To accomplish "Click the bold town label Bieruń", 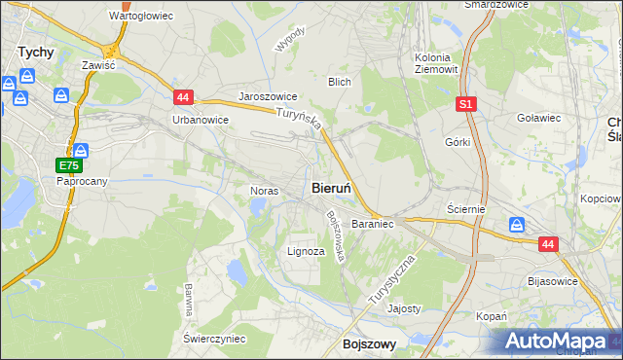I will tap(338, 186).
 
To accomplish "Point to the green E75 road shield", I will tap(65, 166).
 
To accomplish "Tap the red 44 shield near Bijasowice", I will tap(549, 245).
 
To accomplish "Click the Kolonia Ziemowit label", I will tap(434, 62).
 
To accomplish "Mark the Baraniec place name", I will tap(372, 223).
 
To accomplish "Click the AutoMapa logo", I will tap(558, 342).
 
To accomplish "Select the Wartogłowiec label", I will tap(140, 17).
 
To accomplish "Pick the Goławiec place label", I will tap(537, 119).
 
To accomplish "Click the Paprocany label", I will tap(81, 182).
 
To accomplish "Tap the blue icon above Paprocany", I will tap(81, 151).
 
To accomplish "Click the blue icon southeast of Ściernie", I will tap(516, 226).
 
